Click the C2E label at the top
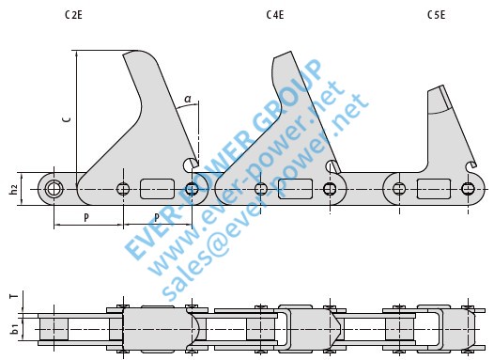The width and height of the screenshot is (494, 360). [x=73, y=15]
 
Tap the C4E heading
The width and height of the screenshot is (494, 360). [x=275, y=15]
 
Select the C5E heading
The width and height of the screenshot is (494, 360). [x=437, y=15]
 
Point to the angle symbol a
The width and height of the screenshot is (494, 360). [x=188, y=99]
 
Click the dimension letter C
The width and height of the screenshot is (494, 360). [x=67, y=118]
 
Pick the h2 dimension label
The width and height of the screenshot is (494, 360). [x=13, y=190]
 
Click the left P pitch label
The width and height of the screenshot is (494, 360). [x=86, y=217]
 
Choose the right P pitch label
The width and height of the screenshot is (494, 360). [x=157, y=217]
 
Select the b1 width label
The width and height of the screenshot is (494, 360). [x=14, y=328]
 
